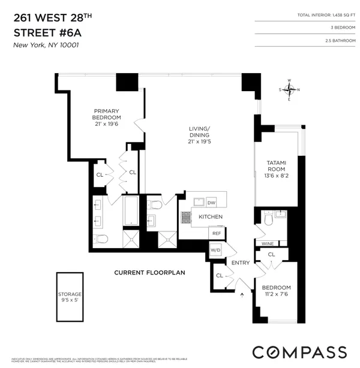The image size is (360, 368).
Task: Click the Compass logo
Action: click(299, 352)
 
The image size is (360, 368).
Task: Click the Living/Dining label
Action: click(199, 135)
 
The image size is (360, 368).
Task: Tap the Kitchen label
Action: click(211, 216)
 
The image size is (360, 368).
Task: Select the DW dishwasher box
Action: click(211, 202)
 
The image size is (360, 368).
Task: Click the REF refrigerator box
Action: click(215, 233)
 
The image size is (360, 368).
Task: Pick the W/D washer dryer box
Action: click(215, 249)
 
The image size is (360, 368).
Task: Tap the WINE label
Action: click(268, 243)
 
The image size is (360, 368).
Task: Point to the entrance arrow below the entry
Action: click(243, 294)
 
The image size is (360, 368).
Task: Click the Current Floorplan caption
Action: click(149, 273)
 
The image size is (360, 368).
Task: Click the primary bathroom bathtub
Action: click(131, 212)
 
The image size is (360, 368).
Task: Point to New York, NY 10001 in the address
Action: click(46, 45)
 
